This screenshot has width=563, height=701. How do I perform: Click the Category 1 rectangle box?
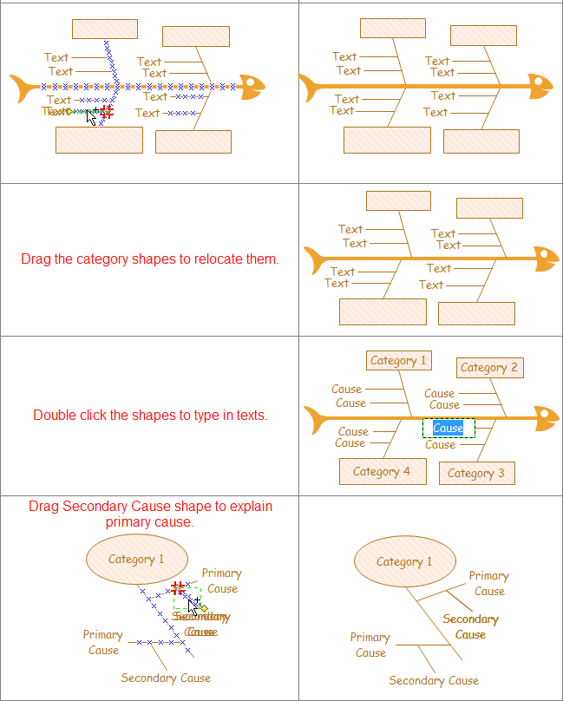(x=399, y=361)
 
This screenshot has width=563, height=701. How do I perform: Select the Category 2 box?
(x=489, y=368)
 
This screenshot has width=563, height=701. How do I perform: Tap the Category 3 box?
(x=476, y=474)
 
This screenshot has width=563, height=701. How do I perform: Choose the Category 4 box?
(x=382, y=472)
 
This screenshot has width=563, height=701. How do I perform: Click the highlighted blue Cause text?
(x=448, y=428)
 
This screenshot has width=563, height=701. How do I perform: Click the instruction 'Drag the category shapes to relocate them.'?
(x=150, y=259)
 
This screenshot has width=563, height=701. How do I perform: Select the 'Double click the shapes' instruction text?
(x=150, y=416)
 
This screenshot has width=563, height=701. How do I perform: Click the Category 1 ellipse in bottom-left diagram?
(x=136, y=559)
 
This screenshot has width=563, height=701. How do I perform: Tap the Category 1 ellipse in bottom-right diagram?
(x=404, y=561)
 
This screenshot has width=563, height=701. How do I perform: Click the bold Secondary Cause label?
(x=470, y=626)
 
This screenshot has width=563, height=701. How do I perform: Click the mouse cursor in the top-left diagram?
(x=92, y=117)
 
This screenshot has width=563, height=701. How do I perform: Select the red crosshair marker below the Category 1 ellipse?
(x=178, y=587)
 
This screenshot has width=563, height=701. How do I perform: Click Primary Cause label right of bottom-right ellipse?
(x=488, y=583)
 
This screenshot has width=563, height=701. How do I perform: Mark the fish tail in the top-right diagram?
(x=309, y=87)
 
